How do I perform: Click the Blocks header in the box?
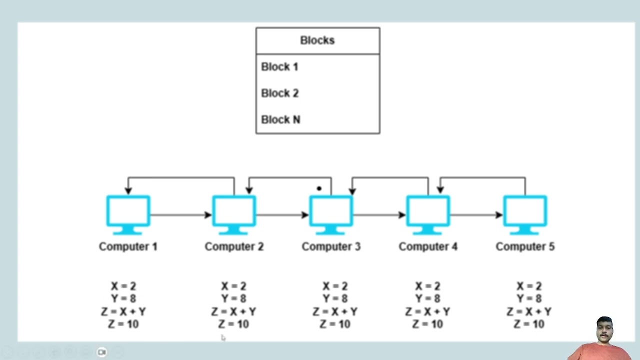point(317,40)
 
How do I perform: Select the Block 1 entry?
point(279,67)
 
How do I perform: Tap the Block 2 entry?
point(280,93)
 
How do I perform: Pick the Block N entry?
point(280,120)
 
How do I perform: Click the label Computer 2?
point(234,246)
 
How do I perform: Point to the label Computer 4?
point(428,246)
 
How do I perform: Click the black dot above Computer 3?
point(319,188)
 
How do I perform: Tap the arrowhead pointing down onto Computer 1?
point(128,190)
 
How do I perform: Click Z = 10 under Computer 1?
point(123,324)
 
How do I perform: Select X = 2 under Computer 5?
point(529,286)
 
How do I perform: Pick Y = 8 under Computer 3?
point(335,299)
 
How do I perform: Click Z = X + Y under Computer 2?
point(233,312)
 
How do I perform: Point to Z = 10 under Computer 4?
point(427,324)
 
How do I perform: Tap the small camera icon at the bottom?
point(101,352)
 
